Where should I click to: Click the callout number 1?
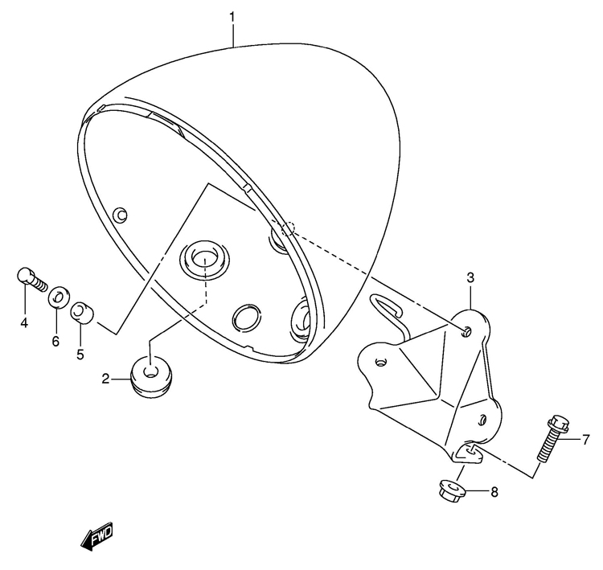tap(232, 18)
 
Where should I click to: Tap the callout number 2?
tap(106, 379)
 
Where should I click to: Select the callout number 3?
tap(470, 277)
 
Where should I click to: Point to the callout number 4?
tap(24, 322)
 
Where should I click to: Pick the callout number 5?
tap(80, 355)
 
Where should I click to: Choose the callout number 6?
tap(56, 340)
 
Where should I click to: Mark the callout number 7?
tap(585, 439)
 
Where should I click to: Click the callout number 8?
tap(494, 491)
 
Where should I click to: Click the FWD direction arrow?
tap(97, 536)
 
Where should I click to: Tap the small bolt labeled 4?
tap(32, 280)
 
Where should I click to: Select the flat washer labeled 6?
tap(59, 297)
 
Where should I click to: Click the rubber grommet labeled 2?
tap(151, 377)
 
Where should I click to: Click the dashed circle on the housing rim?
tap(289, 228)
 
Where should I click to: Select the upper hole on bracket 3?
tap(466, 331)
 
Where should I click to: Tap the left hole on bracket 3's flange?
tap(381, 363)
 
